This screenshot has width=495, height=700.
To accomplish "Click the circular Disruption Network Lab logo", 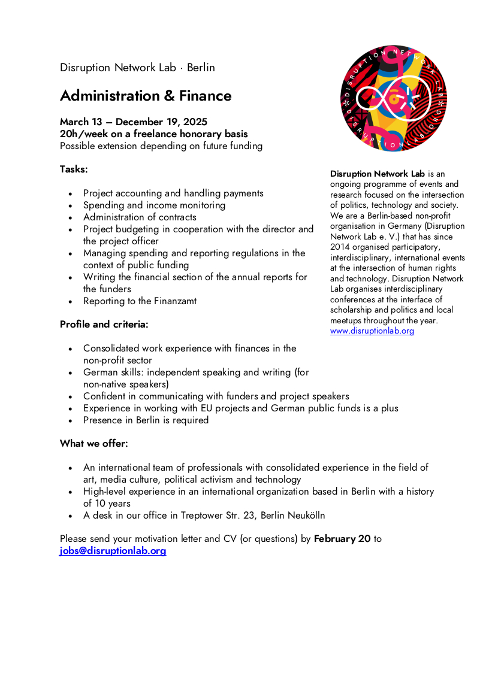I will tap(393, 98).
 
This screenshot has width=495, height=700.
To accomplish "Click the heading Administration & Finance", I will tap(146, 96).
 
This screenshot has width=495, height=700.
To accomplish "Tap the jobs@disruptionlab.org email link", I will tap(113, 551).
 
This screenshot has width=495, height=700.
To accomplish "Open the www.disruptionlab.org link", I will tap(372, 331).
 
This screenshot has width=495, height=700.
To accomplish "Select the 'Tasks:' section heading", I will tap(74, 169).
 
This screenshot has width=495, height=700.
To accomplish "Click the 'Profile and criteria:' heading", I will tap(104, 325).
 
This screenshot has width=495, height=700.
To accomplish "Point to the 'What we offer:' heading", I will tap(93, 444).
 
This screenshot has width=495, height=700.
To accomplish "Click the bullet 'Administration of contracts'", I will tap(140, 217).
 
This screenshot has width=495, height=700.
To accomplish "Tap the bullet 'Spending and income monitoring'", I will tap(154, 205).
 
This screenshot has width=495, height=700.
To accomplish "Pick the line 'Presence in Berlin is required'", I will tap(146, 420).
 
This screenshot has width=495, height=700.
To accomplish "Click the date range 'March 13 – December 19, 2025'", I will tap(134, 122).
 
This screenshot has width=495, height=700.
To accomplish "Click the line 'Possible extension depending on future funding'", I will tap(161, 146).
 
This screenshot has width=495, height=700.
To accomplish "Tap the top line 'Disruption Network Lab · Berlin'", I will tap(137, 68).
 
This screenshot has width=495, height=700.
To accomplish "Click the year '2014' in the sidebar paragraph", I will tap(340, 247).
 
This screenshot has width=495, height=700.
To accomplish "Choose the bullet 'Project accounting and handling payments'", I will tap(173, 193).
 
